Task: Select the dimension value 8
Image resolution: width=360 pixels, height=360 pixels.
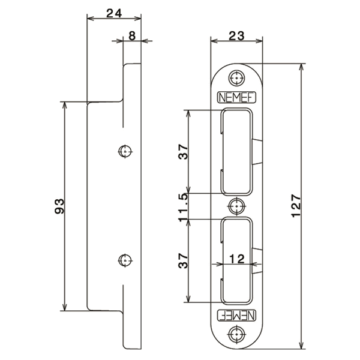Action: coord(131,35)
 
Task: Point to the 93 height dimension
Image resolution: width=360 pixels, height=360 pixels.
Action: coord(59,206)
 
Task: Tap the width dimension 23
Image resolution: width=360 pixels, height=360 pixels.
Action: coord(237,35)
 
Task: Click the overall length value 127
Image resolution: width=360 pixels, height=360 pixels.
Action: coord(295,206)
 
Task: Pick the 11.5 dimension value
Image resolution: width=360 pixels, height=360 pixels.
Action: coord(184,206)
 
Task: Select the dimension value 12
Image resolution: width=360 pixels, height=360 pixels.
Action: coord(236,259)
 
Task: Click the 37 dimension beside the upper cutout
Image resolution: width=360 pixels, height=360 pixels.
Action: coord(184,153)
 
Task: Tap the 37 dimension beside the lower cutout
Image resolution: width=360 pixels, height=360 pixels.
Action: coord(184,259)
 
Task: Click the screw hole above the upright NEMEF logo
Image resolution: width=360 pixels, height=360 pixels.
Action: coord(237,77)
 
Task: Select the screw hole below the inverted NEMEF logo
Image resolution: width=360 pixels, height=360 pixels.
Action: coord(237,334)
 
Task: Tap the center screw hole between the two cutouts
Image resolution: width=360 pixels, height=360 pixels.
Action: coord(237,205)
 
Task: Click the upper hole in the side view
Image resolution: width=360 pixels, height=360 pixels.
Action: coord(125,151)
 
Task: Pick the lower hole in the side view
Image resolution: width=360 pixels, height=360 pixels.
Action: coord(125,260)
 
